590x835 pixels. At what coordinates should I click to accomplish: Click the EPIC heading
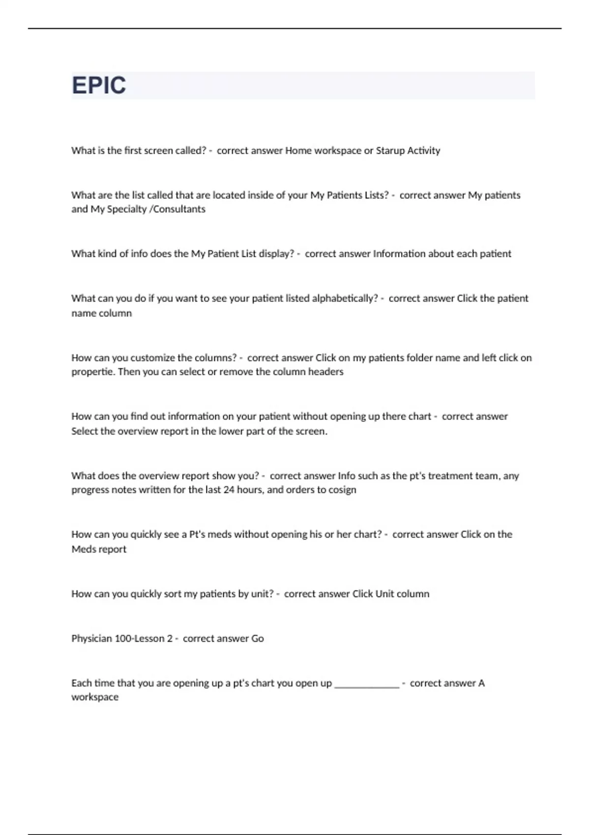click(99, 85)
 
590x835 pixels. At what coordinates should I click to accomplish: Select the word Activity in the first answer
click(423, 151)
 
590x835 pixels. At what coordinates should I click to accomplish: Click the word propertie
click(93, 372)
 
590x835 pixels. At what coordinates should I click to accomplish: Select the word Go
click(258, 639)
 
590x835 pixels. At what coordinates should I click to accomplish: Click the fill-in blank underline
click(367, 686)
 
